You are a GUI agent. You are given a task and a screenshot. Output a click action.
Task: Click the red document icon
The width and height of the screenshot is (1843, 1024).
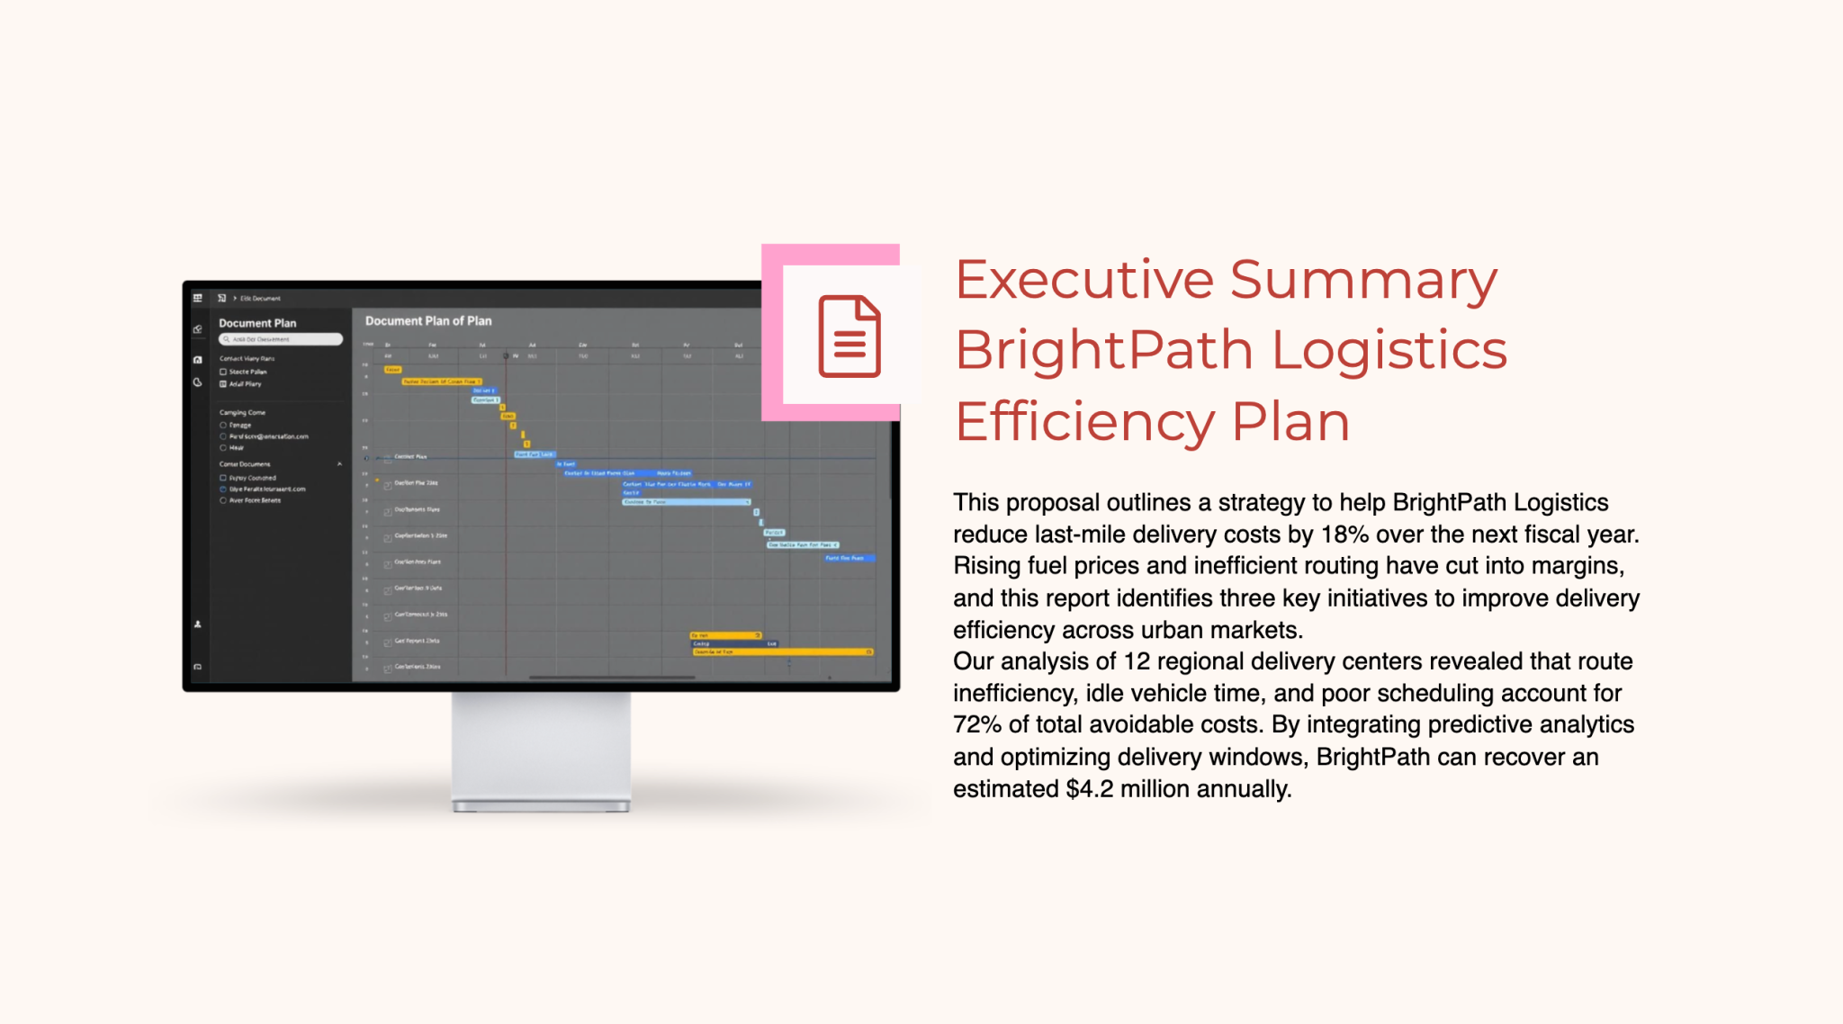(849, 336)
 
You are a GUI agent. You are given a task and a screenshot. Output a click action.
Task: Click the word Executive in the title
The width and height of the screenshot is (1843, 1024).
(1084, 280)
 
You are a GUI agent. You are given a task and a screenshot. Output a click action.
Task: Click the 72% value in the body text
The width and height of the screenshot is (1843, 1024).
(977, 725)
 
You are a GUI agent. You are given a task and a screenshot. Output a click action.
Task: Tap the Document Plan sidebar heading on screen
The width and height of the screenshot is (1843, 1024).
(257, 323)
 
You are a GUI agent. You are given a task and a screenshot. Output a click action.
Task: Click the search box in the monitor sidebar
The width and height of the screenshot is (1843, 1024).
(281, 339)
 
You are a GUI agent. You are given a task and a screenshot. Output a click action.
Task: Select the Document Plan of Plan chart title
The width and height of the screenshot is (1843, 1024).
(428, 321)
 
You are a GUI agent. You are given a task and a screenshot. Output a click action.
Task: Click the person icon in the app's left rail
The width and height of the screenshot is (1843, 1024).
(198, 624)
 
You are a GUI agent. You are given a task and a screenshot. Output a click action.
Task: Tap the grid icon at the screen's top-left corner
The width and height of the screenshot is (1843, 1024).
(198, 298)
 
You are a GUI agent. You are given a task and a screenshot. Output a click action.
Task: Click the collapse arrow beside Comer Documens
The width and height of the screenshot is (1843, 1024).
(339, 464)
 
